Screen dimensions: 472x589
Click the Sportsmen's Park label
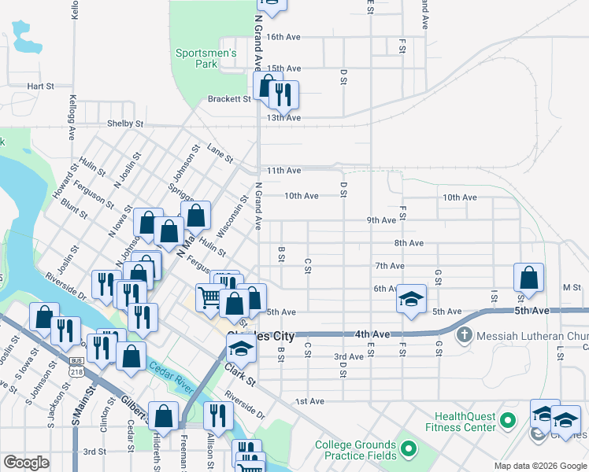[x=206, y=57]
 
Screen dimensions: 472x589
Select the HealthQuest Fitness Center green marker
[x=509, y=421]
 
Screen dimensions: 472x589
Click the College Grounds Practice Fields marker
[x=408, y=449]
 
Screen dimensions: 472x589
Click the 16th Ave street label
[x=283, y=37]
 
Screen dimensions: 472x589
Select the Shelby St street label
[x=126, y=124]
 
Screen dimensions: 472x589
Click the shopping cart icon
[x=209, y=297]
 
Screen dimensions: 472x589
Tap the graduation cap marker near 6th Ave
[x=410, y=299]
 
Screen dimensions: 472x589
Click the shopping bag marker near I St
[x=528, y=278]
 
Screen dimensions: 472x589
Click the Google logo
[x=27, y=463]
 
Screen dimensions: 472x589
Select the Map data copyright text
[x=541, y=466]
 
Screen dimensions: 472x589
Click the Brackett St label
[x=228, y=99]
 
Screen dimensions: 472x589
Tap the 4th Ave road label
[x=372, y=334]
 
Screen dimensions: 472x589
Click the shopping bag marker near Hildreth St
[x=163, y=416]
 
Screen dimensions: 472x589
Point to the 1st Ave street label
[x=310, y=401]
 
